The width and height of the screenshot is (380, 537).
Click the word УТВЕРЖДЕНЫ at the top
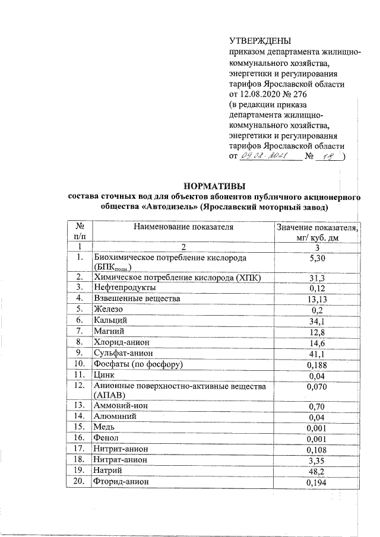click(x=260, y=41)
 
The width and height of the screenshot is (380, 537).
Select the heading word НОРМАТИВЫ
click(x=214, y=185)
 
